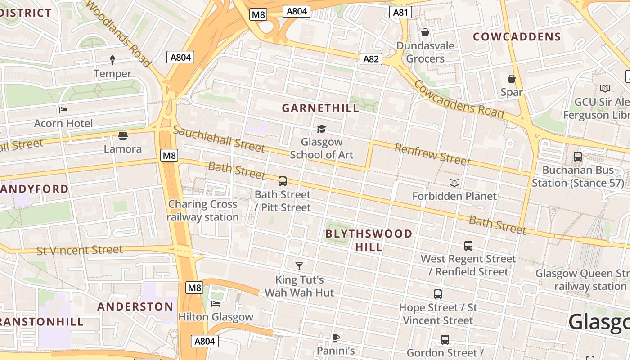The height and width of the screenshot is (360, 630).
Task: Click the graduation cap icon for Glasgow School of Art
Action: pos(321,129)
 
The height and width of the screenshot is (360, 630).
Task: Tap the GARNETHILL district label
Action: pos(320,108)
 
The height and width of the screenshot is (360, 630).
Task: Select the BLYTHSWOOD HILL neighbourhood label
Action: pos(369,240)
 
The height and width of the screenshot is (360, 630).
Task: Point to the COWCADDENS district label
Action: pos(517,37)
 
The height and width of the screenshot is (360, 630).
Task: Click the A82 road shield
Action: pos(371,58)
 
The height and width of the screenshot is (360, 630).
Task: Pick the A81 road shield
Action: pos(400,12)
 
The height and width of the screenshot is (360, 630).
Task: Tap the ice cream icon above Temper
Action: pos(112,60)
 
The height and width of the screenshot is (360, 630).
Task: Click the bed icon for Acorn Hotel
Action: pos(63,110)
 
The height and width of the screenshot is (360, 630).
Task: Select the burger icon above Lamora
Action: pos(122,135)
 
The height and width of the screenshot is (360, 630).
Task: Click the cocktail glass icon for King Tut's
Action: pos(299,266)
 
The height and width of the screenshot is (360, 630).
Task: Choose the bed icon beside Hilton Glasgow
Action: pos(216,304)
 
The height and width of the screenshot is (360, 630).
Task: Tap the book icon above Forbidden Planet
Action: pos(454,183)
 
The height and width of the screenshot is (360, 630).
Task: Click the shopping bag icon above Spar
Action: pos(512,79)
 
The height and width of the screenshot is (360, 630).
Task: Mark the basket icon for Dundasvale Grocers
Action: pos(425,32)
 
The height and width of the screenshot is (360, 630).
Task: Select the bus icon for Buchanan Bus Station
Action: pos(578,157)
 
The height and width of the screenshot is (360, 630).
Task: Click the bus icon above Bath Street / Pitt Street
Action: pos(283,181)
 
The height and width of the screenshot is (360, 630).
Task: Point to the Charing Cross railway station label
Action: pos(202,211)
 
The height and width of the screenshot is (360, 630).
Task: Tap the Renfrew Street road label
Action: pos(432,154)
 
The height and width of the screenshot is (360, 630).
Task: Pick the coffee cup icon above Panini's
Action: pos(335,337)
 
